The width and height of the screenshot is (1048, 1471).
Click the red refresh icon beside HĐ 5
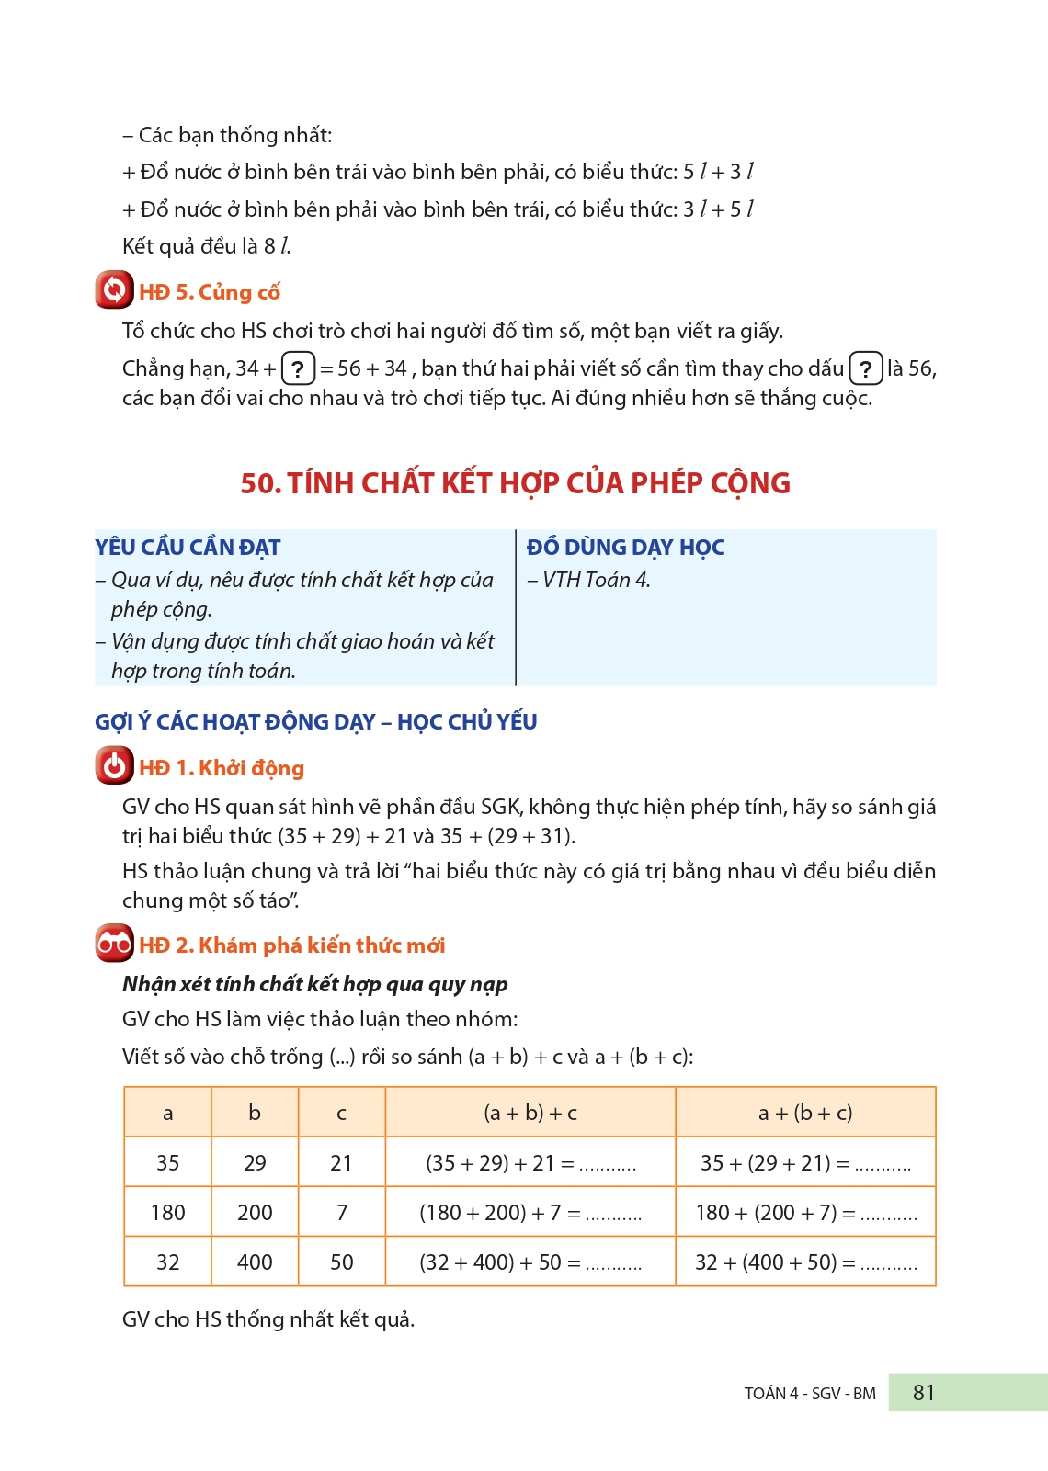(x=114, y=290)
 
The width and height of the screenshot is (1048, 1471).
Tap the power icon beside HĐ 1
(x=114, y=766)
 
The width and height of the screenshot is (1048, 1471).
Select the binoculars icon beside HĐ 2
(x=114, y=944)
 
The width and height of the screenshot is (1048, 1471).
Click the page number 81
(x=924, y=1393)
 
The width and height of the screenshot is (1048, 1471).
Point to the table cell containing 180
(x=168, y=1213)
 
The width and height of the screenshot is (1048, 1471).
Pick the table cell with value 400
(x=255, y=1262)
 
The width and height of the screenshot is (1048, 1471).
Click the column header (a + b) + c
(x=530, y=1113)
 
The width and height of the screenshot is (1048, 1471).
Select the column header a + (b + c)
(x=805, y=1113)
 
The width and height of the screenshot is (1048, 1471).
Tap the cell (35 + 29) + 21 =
(x=530, y=1163)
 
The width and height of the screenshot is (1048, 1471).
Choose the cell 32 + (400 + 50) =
(x=805, y=1262)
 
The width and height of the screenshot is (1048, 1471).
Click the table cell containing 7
(x=342, y=1213)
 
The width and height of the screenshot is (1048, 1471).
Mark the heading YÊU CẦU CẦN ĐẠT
(x=188, y=548)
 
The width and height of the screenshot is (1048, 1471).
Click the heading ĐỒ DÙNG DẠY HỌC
(x=625, y=548)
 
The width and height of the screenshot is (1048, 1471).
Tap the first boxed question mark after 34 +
(x=298, y=369)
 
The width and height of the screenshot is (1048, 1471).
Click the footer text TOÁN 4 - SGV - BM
(x=810, y=1394)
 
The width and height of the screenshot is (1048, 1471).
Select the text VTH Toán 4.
(x=596, y=580)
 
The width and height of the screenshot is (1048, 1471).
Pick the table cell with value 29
(x=255, y=1163)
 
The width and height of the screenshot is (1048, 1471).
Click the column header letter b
(x=255, y=1113)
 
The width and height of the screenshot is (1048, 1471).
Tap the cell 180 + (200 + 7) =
(x=805, y=1213)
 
